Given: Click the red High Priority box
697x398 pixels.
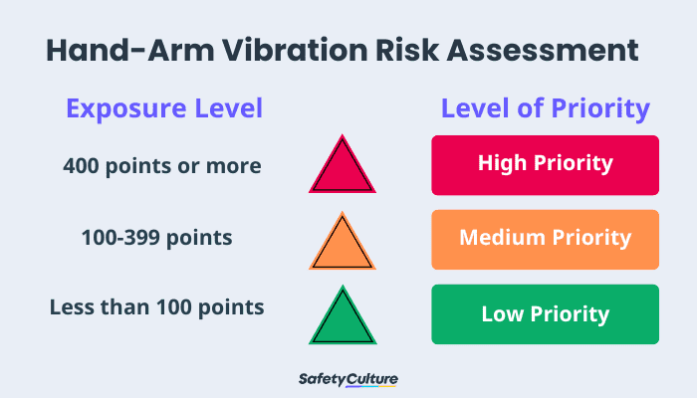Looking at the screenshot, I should (x=545, y=164).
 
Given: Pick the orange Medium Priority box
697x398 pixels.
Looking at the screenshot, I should (x=545, y=239).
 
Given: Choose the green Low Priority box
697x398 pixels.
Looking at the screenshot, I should (x=545, y=314).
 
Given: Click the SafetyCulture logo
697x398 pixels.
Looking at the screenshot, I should (x=348, y=380).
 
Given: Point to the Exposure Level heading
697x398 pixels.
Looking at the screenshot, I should (x=164, y=108).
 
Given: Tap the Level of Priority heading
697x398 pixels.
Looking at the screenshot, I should (x=546, y=108).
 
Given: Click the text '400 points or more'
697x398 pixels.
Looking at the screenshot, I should (x=162, y=165).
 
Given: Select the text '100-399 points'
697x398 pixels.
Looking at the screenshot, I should (x=157, y=239).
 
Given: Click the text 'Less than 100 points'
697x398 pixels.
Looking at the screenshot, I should (x=157, y=307).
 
